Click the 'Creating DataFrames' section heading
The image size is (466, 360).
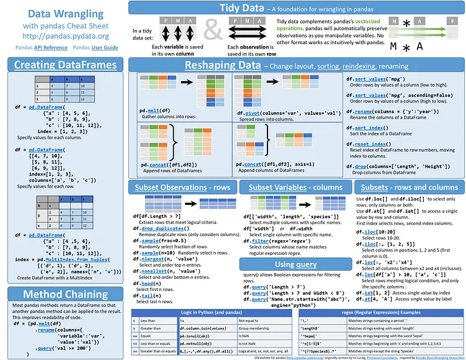coord(65,64)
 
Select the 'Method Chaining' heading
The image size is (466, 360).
coord(65,294)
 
